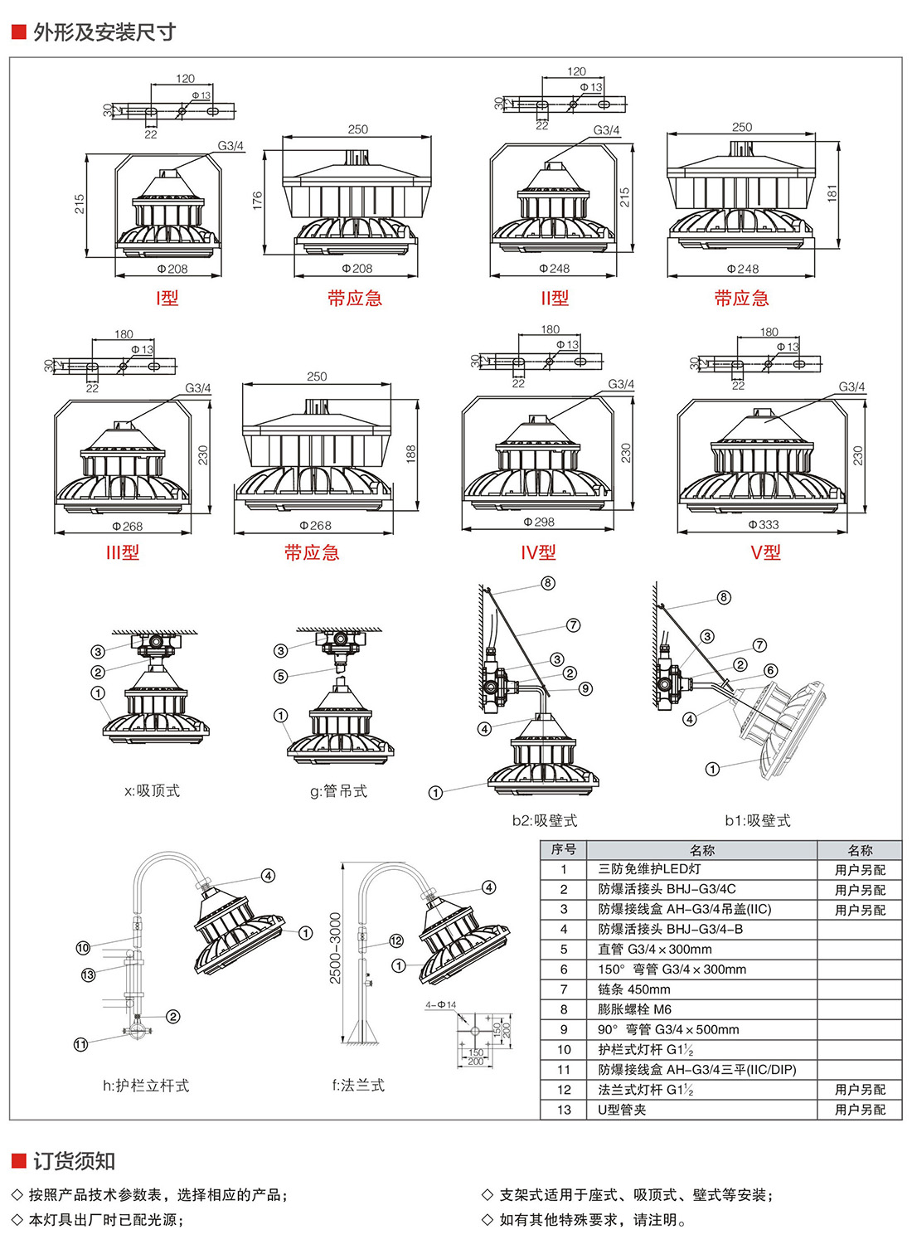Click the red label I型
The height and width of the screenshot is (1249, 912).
(x=167, y=299)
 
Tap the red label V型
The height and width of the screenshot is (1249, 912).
(x=765, y=552)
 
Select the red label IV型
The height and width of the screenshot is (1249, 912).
(x=538, y=552)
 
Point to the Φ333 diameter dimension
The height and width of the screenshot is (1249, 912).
(x=763, y=525)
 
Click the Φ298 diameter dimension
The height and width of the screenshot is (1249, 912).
(x=539, y=522)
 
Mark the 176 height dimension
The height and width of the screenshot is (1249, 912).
(x=258, y=200)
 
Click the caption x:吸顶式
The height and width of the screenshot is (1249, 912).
(x=152, y=791)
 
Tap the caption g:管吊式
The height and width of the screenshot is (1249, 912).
(x=338, y=792)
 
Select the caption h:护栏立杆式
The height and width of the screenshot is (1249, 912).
(x=146, y=1086)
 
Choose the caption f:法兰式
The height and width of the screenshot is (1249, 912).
(x=358, y=1086)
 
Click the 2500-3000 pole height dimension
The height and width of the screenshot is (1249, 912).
(x=336, y=948)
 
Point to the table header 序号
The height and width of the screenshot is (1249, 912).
(x=564, y=850)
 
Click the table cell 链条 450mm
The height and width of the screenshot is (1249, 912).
(x=634, y=989)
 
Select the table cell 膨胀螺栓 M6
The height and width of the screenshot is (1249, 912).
(x=635, y=1009)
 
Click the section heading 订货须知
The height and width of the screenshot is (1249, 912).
(x=74, y=1161)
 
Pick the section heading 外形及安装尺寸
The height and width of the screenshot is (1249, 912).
(x=104, y=32)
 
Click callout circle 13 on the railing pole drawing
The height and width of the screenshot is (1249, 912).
(x=88, y=975)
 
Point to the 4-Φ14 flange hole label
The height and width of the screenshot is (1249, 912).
(x=440, y=1005)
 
